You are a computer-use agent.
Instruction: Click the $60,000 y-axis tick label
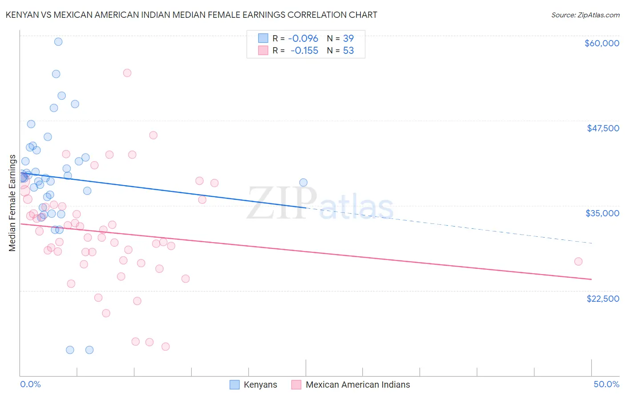pos(601,43)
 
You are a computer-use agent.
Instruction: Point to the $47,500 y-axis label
pos(603,128)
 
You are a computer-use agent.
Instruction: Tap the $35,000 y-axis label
pos(602,213)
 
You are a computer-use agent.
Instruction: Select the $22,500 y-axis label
pos(603,299)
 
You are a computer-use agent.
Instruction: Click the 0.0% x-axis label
pos(30,384)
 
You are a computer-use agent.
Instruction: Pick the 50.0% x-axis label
pos(606,384)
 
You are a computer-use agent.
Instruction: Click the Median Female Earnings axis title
pos(12,203)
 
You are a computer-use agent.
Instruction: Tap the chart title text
pos(191,15)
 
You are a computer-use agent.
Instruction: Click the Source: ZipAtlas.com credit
pos(585,15)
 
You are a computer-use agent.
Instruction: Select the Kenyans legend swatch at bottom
pos(234,385)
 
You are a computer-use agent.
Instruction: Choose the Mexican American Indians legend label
pos(358,385)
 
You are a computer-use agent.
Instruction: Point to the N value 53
pos(349,51)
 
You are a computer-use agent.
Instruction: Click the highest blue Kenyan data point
pos(58,42)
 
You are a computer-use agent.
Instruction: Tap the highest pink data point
pos(127,73)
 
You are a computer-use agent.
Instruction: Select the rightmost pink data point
pos(578,261)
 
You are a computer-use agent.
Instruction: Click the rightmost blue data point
pos(303,182)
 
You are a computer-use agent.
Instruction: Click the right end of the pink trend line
pos(591,279)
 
